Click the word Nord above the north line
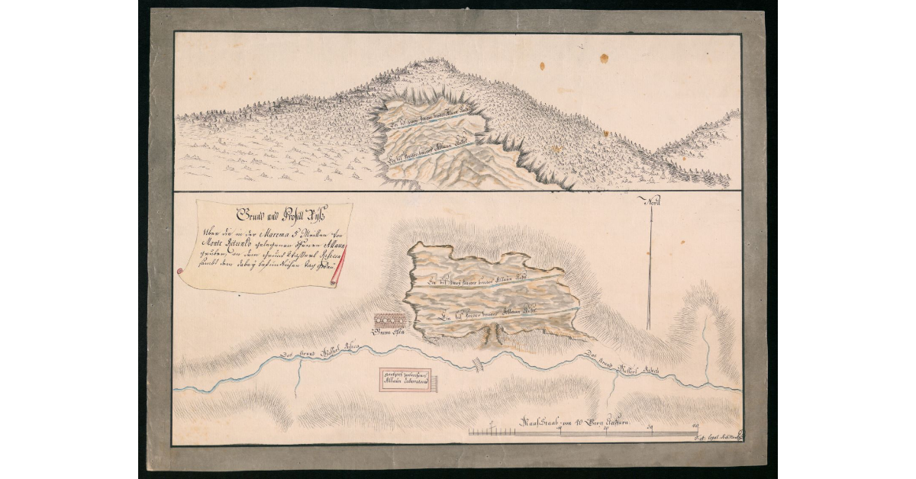(x=652, y=203)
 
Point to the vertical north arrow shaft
(x=650, y=267)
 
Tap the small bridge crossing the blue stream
(x=479, y=364)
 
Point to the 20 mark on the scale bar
(x=606, y=428)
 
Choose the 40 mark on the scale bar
(x=695, y=428)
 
